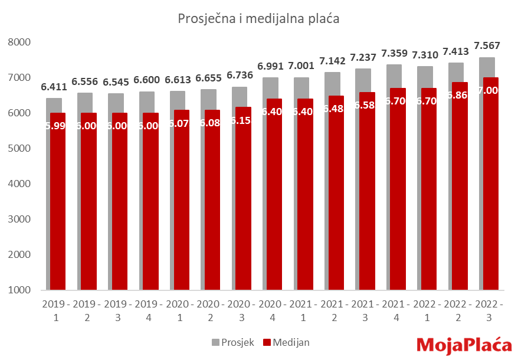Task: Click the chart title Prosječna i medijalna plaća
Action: pos(258,19)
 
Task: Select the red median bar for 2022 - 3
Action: pos(490,189)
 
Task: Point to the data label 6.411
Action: pos(54,87)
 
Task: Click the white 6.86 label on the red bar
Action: pos(459,95)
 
